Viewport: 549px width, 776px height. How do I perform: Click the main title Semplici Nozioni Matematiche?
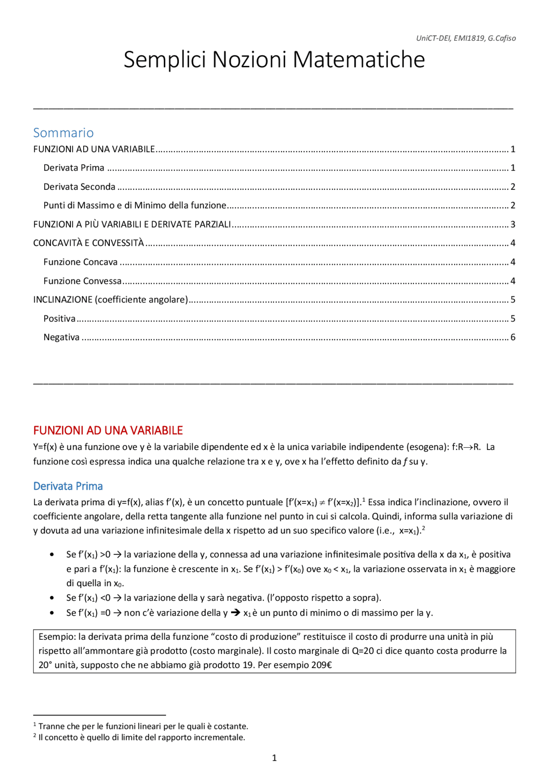[x=274, y=59]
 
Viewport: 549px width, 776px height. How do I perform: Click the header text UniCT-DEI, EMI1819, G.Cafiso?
[x=466, y=38]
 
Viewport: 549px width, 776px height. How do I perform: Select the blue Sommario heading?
[x=63, y=133]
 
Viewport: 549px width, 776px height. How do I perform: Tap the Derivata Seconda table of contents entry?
[x=79, y=187]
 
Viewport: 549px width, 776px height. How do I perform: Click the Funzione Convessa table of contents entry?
[x=82, y=281]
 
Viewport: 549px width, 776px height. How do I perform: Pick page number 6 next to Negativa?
[x=513, y=337]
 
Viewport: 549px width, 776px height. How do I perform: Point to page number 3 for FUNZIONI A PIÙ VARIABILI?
[x=513, y=224]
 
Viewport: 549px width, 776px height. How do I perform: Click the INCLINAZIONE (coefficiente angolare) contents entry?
[x=111, y=300]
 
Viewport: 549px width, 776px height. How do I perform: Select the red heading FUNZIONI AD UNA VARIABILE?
[x=108, y=430]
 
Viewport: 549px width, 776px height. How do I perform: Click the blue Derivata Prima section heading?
[x=68, y=486]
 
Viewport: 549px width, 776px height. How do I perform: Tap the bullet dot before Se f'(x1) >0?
[x=52, y=554]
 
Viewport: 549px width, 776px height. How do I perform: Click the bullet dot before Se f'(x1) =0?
[x=52, y=613]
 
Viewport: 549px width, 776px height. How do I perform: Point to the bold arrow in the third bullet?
[x=235, y=613]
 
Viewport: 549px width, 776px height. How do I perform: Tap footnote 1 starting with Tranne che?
[x=143, y=726]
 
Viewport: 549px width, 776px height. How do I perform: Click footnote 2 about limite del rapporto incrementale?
[x=142, y=737]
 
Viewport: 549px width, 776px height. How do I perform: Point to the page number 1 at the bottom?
[x=274, y=758]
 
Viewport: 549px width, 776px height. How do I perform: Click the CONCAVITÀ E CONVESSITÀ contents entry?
[x=88, y=243]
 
